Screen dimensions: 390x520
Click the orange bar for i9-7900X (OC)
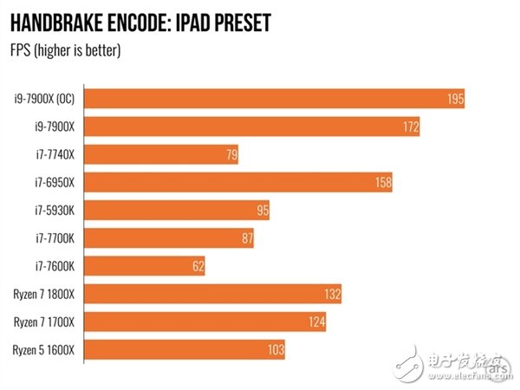276,98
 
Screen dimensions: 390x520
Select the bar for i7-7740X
162,154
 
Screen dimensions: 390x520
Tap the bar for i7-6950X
240,182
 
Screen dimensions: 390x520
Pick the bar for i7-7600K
146,266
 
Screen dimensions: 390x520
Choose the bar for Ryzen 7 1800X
214,294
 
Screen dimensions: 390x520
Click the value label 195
456,99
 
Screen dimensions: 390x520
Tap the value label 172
410,127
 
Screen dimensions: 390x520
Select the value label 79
229,155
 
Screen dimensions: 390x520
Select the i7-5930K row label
55,211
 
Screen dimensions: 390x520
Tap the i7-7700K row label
55,238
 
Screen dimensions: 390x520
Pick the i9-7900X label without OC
55,127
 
